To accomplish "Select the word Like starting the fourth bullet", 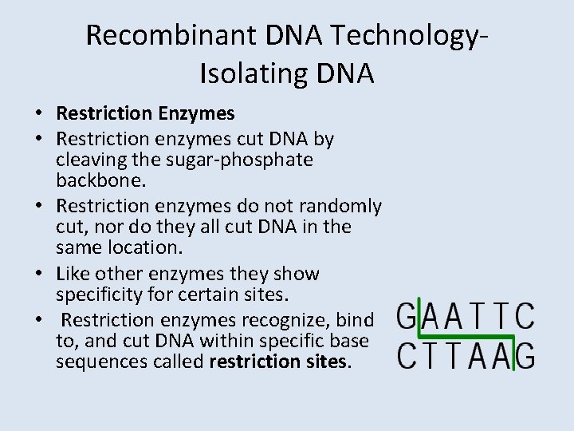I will pyautogui.click(x=73, y=274).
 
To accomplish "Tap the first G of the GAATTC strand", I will pyautogui.click(x=407, y=316).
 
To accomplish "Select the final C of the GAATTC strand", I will pyautogui.click(x=525, y=316).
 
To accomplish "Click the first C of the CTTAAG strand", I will pyautogui.click(x=407, y=355).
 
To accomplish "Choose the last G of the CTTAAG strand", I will pyautogui.click(x=525, y=355).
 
